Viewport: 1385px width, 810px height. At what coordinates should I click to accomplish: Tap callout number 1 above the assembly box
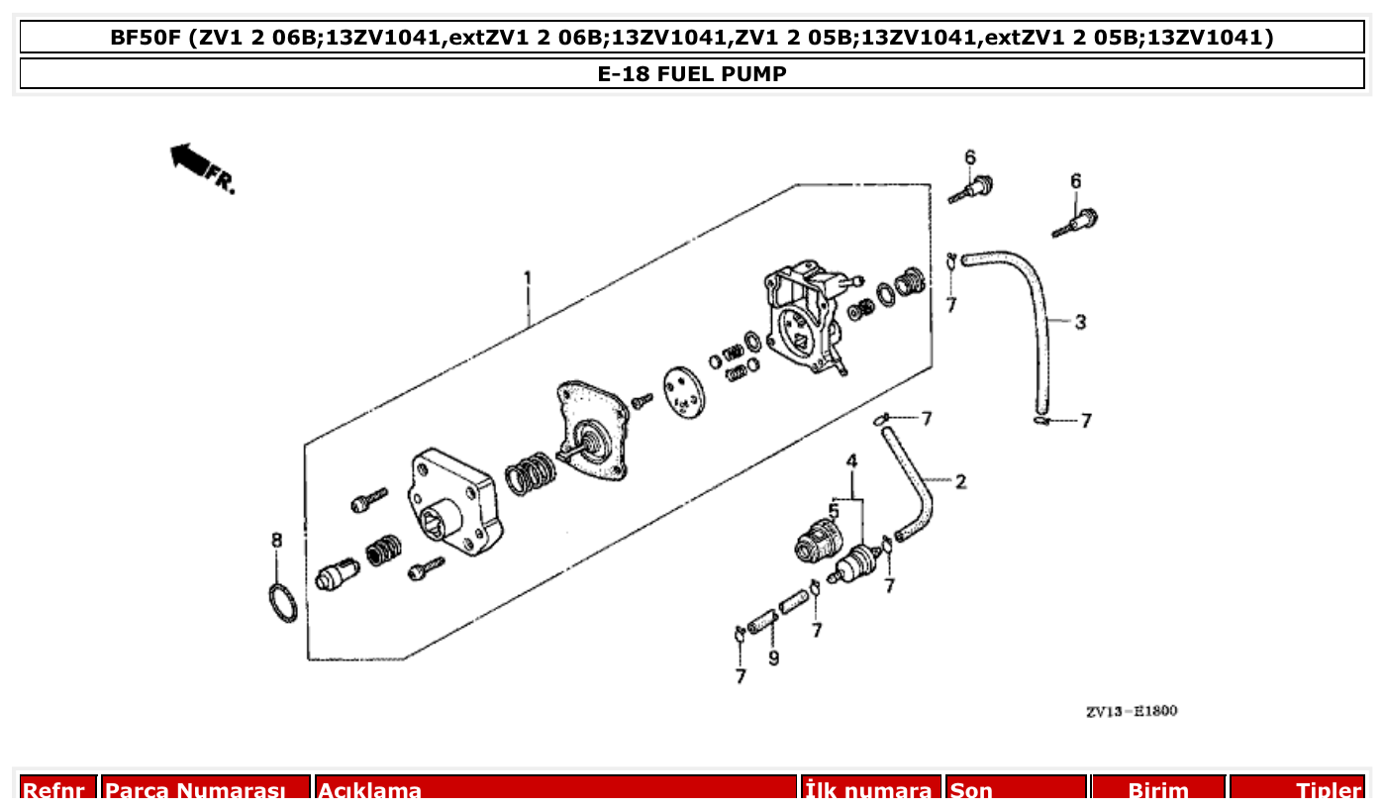tap(528, 278)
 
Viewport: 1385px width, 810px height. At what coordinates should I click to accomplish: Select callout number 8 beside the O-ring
tap(277, 540)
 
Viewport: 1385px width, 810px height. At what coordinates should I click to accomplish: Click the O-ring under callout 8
tap(283, 603)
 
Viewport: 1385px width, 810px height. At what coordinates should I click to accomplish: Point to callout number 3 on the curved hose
tap(1080, 322)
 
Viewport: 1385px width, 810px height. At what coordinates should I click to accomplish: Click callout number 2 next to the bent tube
tap(960, 482)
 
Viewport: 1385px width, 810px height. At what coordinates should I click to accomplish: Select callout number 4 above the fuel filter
tap(850, 461)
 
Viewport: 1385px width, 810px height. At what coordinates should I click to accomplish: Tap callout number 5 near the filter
tap(834, 511)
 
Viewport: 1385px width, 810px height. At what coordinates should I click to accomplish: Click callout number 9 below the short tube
tap(773, 658)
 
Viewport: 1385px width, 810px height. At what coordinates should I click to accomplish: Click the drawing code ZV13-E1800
tap(1131, 711)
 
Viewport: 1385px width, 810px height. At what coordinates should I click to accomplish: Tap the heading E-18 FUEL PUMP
tap(692, 74)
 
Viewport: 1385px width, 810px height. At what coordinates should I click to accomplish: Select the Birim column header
tap(1157, 789)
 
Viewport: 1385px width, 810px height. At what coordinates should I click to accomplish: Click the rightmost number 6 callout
tap(1075, 181)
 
